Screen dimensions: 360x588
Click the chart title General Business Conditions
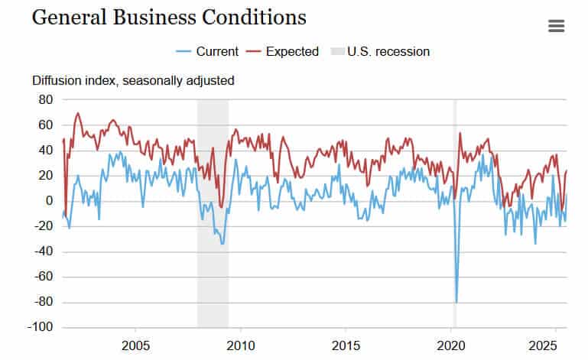click(x=169, y=18)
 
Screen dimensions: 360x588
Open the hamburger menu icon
click(x=557, y=26)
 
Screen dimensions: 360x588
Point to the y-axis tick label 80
click(x=45, y=99)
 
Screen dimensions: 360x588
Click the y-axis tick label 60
click(x=45, y=125)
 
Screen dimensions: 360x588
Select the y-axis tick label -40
click(x=43, y=251)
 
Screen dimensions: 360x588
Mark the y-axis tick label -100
click(x=40, y=327)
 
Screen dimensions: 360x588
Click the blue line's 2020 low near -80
click(x=456, y=302)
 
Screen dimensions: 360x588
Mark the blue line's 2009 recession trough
click(x=223, y=243)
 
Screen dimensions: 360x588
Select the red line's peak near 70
click(x=78, y=113)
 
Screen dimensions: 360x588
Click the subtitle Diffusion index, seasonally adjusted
click(x=133, y=80)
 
